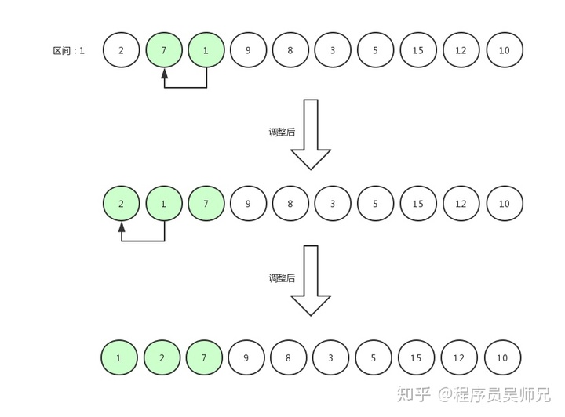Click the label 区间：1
pos(68,51)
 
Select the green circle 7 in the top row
pos(164,50)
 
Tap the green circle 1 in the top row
pos(206,50)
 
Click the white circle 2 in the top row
pos(122,50)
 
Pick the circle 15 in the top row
pos(418,50)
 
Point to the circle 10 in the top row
pos(505,50)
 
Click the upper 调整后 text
pos(282,132)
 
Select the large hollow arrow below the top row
pos(311,134)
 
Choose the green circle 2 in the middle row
pos(122,204)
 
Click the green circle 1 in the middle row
pos(164,204)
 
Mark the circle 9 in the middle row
pos(249,204)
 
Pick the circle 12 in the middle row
pos(461,204)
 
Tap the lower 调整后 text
pos(282,278)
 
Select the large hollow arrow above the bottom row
pos(311,280)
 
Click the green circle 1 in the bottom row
pos(119,357)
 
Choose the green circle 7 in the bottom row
pos(205,357)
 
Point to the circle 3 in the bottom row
pos(331,357)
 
